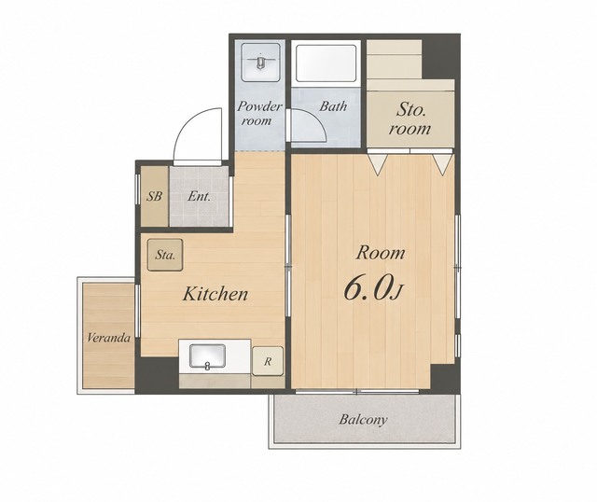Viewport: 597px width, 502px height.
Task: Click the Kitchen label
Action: click(215, 294)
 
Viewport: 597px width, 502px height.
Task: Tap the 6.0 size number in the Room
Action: click(368, 287)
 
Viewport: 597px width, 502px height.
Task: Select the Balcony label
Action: click(363, 420)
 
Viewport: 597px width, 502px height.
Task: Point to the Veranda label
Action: click(108, 338)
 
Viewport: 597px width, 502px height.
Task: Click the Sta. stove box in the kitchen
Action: click(165, 255)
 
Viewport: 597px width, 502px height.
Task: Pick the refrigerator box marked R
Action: click(268, 361)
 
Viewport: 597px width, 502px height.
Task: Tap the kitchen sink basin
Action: click(207, 356)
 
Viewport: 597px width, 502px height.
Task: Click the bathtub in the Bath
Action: click(326, 63)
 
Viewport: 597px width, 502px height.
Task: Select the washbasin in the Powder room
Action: click(260, 62)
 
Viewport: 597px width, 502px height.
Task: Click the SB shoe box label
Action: click(155, 197)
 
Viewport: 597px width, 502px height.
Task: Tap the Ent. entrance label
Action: click(199, 197)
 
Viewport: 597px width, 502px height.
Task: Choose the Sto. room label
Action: click(410, 119)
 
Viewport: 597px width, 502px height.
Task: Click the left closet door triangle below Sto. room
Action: click(378, 164)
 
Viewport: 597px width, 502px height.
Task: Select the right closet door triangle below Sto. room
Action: click(442, 164)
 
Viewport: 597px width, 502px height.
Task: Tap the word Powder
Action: click(259, 106)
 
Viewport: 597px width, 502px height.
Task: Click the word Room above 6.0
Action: click(380, 253)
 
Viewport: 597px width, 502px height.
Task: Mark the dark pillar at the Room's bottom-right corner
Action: click(445, 378)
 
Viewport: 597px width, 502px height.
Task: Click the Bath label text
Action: click(333, 105)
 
